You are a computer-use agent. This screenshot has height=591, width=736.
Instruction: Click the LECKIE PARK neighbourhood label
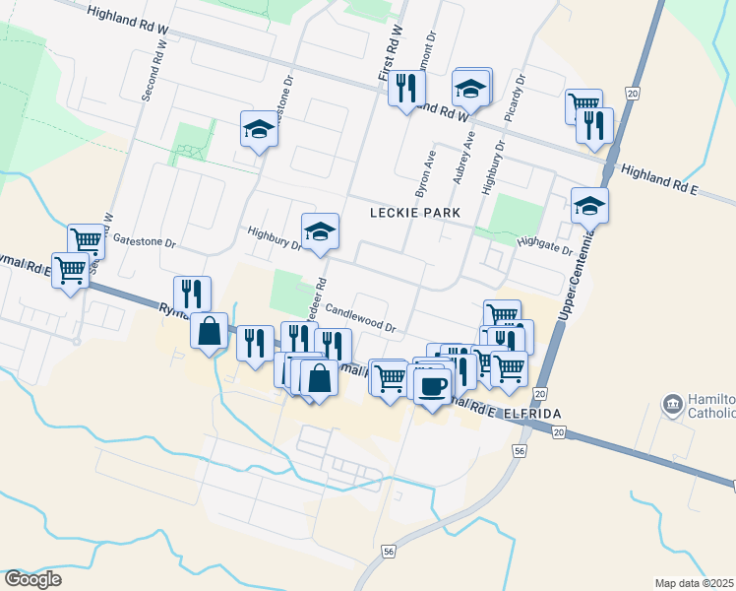click(415, 212)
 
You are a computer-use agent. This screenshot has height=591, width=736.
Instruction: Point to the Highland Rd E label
click(658, 178)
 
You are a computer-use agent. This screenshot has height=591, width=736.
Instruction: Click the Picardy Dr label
click(515, 98)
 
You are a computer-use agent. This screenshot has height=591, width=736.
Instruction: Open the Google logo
click(32, 579)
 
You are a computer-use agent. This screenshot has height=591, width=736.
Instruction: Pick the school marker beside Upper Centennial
click(589, 206)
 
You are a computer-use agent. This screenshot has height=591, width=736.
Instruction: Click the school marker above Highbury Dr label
click(320, 231)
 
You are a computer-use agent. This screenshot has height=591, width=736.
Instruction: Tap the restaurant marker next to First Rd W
click(404, 89)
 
